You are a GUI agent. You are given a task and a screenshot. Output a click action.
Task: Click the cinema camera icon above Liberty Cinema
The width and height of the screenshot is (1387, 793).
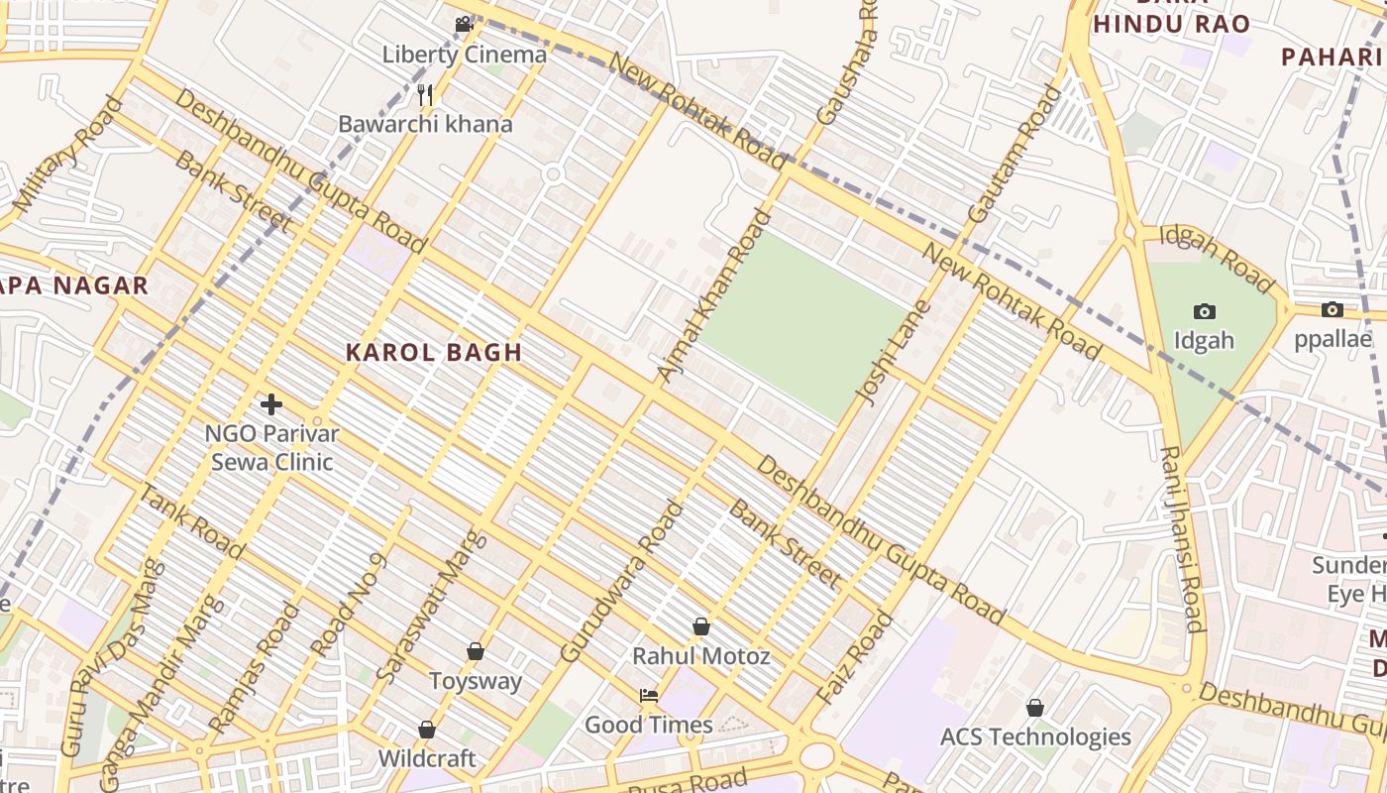pyautogui.click(x=464, y=25)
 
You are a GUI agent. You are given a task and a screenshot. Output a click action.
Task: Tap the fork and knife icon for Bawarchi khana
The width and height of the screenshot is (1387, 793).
pyautogui.click(x=426, y=95)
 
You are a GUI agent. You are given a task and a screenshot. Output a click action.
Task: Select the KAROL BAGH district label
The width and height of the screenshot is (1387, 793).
pyautogui.click(x=434, y=352)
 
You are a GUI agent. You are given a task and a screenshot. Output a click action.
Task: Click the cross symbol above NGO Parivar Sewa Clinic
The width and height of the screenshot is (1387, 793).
pyautogui.click(x=271, y=404)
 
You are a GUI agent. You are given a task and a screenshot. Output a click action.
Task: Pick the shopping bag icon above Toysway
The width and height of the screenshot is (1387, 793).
pyautogui.click(x=476, y=651)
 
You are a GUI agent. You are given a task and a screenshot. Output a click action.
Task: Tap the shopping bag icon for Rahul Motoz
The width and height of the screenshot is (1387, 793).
pyautogui.click(x=701, y=626)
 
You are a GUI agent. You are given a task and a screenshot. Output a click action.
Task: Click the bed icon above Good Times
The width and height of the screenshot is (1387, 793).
pyautogui.click(x=649, y=695)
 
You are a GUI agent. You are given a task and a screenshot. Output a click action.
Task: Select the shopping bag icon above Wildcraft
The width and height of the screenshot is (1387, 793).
pyautogui.click(x=427, y=730)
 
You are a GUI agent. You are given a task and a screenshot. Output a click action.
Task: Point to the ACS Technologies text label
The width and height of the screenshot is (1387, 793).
pyautogui.click(x=1035, y=736)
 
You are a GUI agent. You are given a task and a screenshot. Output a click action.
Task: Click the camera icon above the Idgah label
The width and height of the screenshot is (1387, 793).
pyautogui.click(x=1205, y=311)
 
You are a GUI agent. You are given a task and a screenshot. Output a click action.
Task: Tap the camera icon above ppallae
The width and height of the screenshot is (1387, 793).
pyautogui.click(x=1333, y=310)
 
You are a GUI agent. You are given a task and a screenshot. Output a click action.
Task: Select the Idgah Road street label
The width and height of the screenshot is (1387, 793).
pyautogui.click(x=1217, y=259)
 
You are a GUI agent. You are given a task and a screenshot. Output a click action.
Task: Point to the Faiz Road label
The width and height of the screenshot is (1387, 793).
pyautogui.click(x=856, y=659)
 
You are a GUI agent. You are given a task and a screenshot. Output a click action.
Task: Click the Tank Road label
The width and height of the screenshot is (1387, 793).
pyautogui.click(x=192, y=521)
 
